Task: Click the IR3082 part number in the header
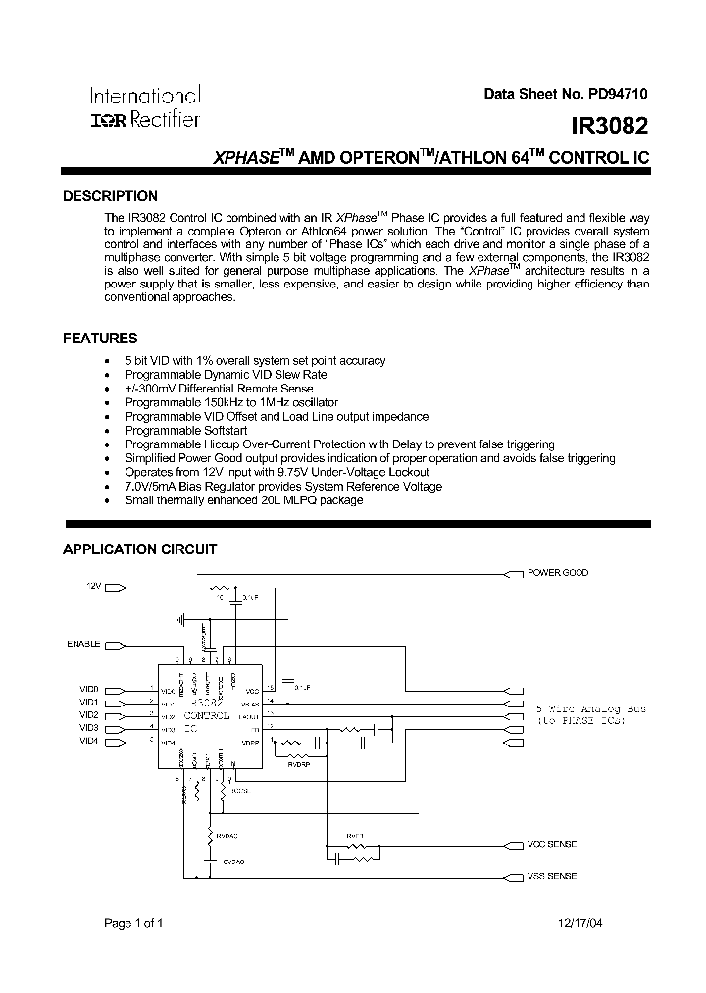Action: point(610,127)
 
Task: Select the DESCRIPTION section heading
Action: point(110,196)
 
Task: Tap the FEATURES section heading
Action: point(100,339)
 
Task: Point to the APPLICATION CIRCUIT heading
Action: point(139,549)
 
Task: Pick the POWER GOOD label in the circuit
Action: point(558,573)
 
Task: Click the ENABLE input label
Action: point(83,644)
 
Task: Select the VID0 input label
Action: point(89,690)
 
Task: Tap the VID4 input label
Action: point(89,741)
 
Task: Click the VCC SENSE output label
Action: point(553,844)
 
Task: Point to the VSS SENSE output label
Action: point(553,876)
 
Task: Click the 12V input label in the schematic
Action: point(93,586)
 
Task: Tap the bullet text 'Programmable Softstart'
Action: point(186,431)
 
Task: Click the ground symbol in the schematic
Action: point(182,620)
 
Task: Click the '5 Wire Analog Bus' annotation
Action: point(579,707)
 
